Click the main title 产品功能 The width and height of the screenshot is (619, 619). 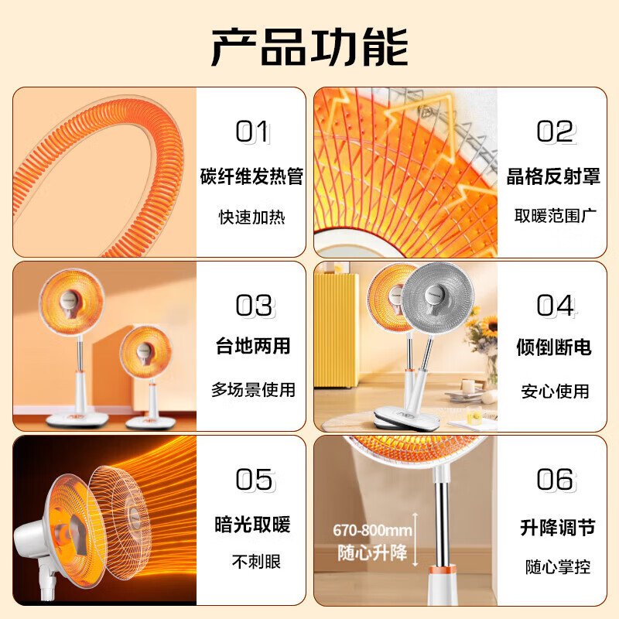(x=309, y=48)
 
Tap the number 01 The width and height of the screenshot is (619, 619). (x=252, y=132)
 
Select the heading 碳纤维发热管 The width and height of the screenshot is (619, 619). (x=251, y=176)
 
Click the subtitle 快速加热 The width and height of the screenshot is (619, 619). (x=251, y=217)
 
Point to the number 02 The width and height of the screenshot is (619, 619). (x=555, y=132)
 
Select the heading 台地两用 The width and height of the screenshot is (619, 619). (x=253, y=345)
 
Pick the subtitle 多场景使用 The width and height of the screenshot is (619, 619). (x=253, y=390)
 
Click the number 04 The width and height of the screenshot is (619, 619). (x=555, y=306)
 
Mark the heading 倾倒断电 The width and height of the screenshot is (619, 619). (x=554, y=347)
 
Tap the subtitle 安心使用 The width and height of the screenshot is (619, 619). (x=554, y=392)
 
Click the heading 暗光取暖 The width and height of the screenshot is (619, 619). (x=252, y=525)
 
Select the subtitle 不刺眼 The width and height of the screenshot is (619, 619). (x=252, y=562)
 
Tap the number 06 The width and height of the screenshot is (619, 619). (x=556, y=480)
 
